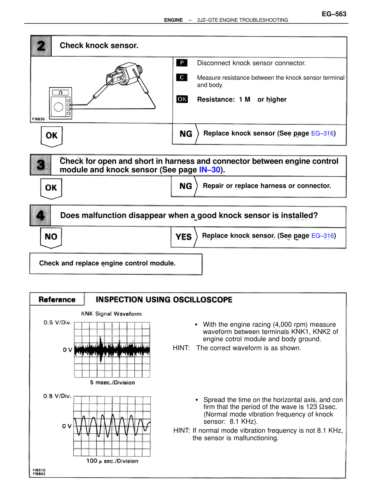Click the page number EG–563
pos(334,14)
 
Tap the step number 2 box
pos(41,46)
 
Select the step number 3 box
pos(41,165)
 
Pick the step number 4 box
pos(40,216)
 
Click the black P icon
pos(182,63)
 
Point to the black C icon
pos(182,77)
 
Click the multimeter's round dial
pos(58,107)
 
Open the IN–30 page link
pos(209,170)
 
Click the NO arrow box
pos(51,237)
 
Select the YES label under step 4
pos(183,237)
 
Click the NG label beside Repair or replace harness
pos(186,186)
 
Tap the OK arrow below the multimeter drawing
pos(52,136)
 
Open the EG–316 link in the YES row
pos(323,236)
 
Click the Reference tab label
pos(57,300)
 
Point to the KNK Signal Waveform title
pos(111,314)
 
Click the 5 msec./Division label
pos(112,382)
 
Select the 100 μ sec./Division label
pos(112,461)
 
